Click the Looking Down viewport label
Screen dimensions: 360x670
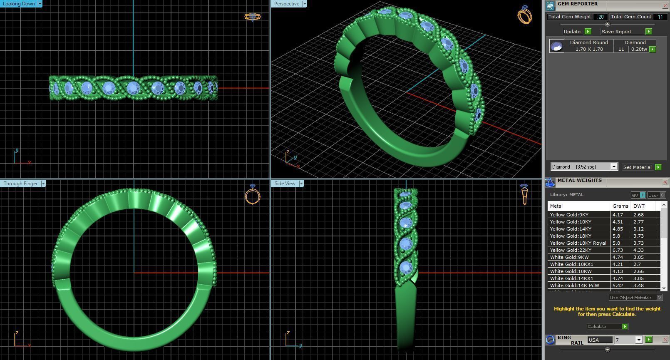pyautogui.click(x=19, y=4)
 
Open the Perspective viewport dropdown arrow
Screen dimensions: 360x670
pyautogui.click(x=305, y=4)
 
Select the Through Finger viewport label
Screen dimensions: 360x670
pyautogui.click(x=20, y=184)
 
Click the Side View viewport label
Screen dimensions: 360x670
pyautogui.click(x=285, y=184)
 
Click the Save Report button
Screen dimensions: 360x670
pyautogui.click(x=616, y=32)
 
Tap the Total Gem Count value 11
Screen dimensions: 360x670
pyautogui.click(x=660, y=17)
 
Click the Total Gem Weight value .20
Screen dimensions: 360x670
pyautogui.click(x=601, y=17)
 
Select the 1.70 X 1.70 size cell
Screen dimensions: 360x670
pyautogui.click(x=589, y=49)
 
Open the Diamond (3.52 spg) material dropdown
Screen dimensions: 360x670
pyautogui.click(x=613, y=167)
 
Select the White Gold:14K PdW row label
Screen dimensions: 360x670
pyautogui.click(x=574, y=286)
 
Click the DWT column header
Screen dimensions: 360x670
pyautogui.click(x=639, y=206)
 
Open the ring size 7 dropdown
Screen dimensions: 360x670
pyautogui.click(x=639, y=340)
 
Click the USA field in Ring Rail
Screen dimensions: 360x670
pyautogui.click(x=599, y=340)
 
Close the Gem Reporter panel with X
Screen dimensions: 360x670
pyautogui.click(x=665, y=5)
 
